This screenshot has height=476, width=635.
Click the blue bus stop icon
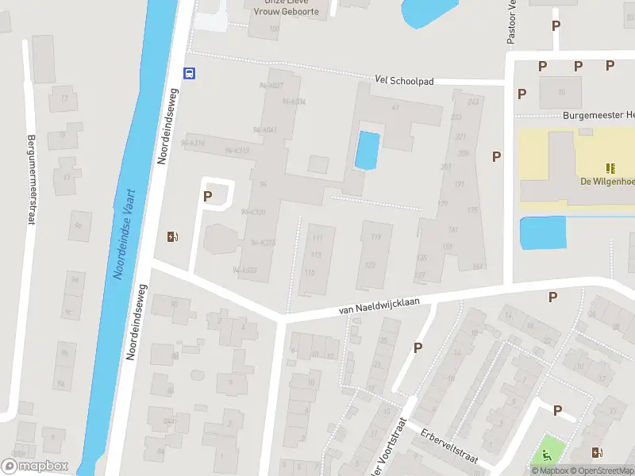pos(190,73)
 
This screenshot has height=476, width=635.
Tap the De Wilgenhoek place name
pos(607,182)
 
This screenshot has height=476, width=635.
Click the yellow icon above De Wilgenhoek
pos(610,168)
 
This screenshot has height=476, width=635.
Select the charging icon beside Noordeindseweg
pos(172,236)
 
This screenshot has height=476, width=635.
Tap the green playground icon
pos(547,455)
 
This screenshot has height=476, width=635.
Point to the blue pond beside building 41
pos(367,150)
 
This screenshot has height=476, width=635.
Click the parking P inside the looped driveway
pos(208,196)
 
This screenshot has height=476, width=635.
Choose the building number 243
pos(475,102)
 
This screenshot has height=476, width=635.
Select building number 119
pos(375,236)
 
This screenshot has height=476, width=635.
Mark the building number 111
pos(318,238)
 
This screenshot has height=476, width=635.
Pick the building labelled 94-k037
pos(271,86)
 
